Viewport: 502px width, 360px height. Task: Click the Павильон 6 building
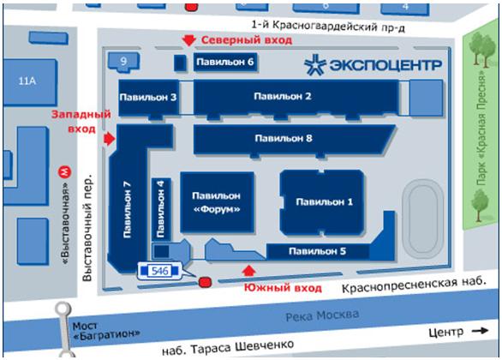[225, 62]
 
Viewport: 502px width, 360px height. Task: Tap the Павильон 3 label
[148, 97]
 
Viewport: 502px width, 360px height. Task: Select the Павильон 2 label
[283, 96]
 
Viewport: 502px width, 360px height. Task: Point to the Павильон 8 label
[284, 138]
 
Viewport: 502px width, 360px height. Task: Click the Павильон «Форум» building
[217, 202]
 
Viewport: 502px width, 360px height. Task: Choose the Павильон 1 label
[325, 201]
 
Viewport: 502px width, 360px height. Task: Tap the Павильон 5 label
[317, 251]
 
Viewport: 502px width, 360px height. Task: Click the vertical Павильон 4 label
[160, 209]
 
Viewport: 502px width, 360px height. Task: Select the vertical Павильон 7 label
[127, 210]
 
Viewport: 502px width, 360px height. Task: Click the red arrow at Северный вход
[188, 40]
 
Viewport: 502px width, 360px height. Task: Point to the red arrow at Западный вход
[110, 139]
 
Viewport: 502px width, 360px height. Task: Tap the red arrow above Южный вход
[248, 271]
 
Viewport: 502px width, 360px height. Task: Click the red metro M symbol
[64, 172]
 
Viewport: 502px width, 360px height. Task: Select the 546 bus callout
[159, 271]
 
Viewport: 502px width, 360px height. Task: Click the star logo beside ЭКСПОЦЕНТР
[315, 65]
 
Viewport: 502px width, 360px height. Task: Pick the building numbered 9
[124, 61]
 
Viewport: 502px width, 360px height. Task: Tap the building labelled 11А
[31, 82]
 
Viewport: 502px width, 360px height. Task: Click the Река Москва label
[322, 315]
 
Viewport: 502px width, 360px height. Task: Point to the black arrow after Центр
[481, 331]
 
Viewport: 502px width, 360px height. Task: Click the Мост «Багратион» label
[106, 331]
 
